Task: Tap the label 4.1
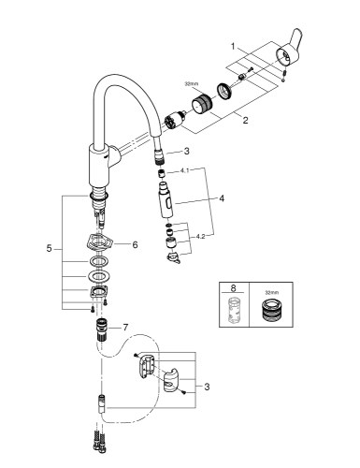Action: [185, 171]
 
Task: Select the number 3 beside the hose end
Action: [186, 150]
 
